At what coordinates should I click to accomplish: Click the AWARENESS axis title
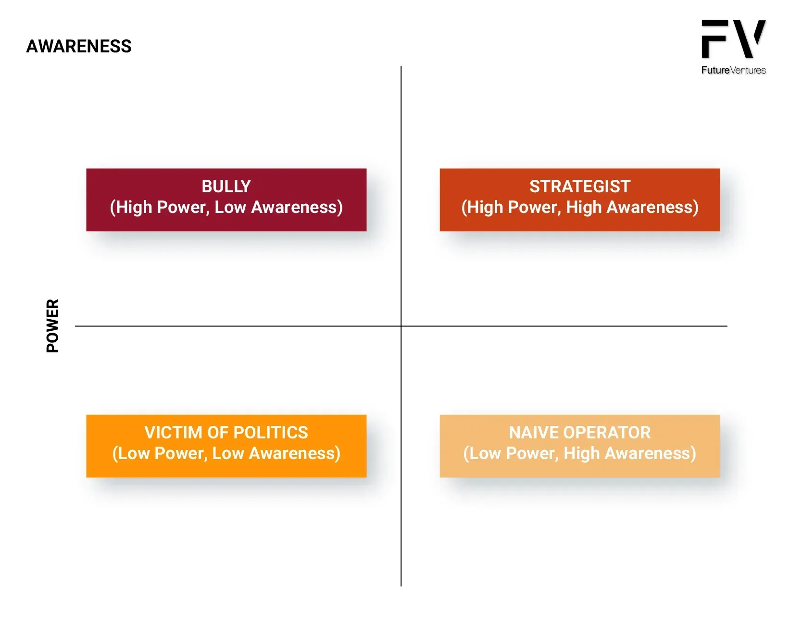tap(79, 46)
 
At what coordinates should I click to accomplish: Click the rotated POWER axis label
tap(52, 326)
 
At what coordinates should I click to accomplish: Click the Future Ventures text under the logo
tap(733, 70)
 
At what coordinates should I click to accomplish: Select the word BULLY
tap(226, 187)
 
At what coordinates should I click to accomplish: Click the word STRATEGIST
tap(580, 187)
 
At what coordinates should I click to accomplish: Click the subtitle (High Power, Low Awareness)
tap(226, 208)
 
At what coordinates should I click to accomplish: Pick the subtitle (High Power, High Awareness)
tap(580, 208)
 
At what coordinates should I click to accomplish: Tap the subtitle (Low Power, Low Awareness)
tap(226, 454)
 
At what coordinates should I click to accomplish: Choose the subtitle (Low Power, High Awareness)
tap(580, 454)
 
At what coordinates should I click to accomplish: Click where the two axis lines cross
tap(401, 326)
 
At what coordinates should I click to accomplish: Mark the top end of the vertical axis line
tap(401, 66)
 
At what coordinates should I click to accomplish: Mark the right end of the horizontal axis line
tap(727, 326)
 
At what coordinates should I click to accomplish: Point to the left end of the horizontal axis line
tap(75, 326)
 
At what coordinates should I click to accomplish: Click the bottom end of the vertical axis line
tap(401, 586)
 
